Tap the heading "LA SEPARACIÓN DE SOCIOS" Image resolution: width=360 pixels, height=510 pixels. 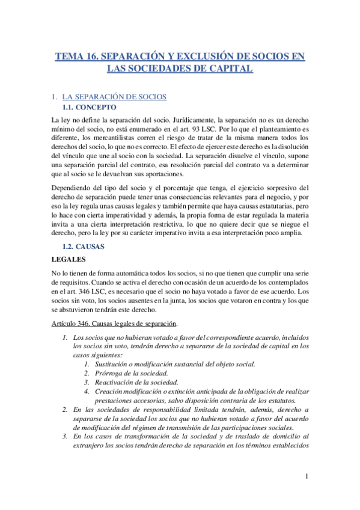[114, 96]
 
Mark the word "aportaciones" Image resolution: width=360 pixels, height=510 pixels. [162, 173]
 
